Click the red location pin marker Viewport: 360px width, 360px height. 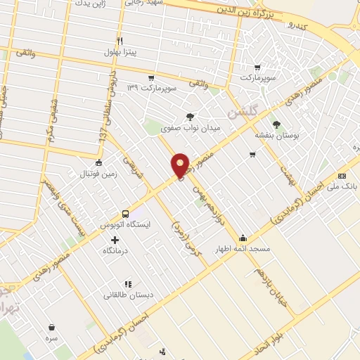tap(181, 165)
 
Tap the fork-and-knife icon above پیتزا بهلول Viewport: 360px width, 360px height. tap(120, 41)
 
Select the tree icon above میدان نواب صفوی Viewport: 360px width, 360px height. tap(190, 117)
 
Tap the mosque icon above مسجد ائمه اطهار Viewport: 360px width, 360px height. tap(243, 238)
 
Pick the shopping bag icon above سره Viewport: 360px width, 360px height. tap(52, 327)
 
